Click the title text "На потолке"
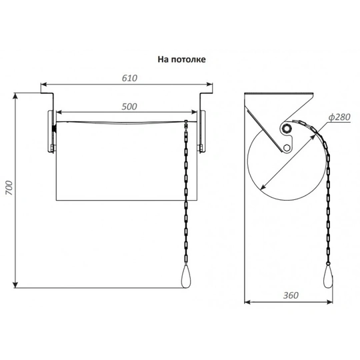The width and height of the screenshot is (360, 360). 181,59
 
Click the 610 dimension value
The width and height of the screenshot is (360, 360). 130,78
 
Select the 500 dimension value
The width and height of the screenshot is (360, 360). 129,107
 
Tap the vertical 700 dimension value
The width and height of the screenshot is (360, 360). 9,188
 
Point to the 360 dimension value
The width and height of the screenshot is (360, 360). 291,295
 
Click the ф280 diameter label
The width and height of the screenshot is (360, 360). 339,117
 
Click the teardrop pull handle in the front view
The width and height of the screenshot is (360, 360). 186,277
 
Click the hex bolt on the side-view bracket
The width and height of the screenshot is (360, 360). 286,147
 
